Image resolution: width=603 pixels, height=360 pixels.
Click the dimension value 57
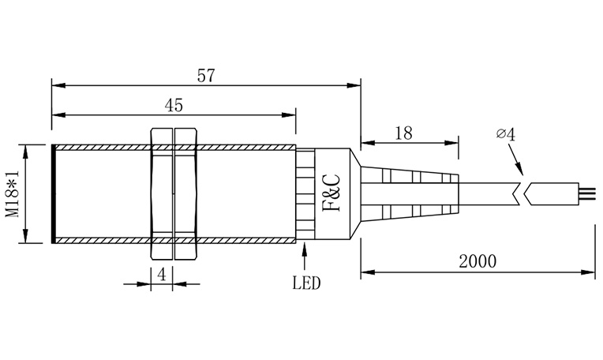click(206, 75)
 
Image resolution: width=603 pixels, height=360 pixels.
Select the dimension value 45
click(174, 105)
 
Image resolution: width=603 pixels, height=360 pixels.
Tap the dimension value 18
click(403, 133)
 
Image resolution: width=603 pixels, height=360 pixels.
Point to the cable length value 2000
click(478, 261)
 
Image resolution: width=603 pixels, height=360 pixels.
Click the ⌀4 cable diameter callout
click(506, 134)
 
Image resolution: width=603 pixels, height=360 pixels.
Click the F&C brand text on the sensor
click(331, 193)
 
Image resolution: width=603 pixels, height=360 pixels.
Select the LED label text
click(306, 283)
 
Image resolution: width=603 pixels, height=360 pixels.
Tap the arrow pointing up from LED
click(305, 256)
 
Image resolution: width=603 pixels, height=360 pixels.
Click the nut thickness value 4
click(162, 275)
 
